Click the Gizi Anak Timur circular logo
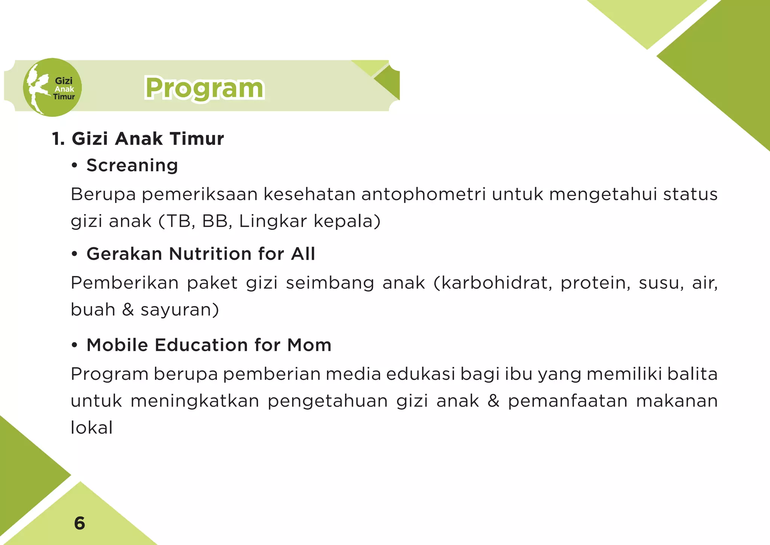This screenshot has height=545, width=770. (52, 87)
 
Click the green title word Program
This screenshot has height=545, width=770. (205, 88)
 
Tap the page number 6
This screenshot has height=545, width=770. (80, 523)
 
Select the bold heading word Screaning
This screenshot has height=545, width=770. (132, 166)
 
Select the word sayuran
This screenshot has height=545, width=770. (180, 310)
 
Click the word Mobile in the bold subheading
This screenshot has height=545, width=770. (117, 345)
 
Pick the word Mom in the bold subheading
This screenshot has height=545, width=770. (309, 345)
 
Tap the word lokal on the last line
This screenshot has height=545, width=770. (92, 428)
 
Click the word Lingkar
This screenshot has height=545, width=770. (273, 221)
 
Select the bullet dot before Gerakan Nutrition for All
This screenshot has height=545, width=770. (74, 254)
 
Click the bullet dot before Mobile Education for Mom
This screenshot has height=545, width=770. (74, 346)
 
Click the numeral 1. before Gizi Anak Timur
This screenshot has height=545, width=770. (58, 139)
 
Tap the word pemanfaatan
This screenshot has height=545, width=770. (568, 401)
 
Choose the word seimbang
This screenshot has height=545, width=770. (330, 283)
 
